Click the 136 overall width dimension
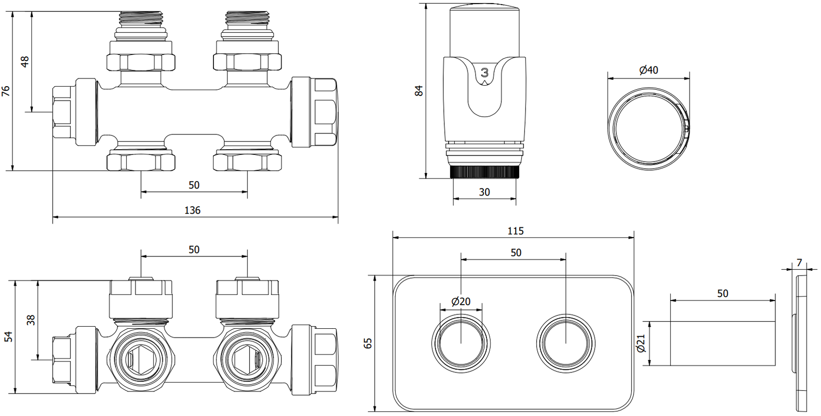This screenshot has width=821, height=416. [192, 210]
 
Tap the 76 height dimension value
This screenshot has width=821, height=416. [6, 91]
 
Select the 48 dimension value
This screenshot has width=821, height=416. [25, 62]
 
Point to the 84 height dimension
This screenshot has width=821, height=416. [419, 91]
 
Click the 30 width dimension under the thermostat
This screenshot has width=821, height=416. [484, 192]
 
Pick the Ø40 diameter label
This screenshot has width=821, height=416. [649, 70]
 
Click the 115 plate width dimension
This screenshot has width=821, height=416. [515, 231]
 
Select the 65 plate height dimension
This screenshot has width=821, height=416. [368, 343]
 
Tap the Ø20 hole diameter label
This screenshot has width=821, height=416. [461, 302]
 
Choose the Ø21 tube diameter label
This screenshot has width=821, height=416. [640, 343]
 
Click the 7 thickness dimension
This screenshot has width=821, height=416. [799, 263]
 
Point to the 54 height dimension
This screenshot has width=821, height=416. [9, 337]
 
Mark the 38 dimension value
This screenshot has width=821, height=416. [31, 320]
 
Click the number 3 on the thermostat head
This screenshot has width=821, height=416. [484, 73]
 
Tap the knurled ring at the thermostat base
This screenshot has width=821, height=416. [484, 172]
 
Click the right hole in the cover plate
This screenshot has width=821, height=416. [566, 342]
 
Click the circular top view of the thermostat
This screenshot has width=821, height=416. [649, 128]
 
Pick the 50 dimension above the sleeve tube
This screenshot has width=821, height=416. [722, 293]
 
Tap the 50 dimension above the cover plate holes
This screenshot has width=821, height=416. [516, 252]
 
